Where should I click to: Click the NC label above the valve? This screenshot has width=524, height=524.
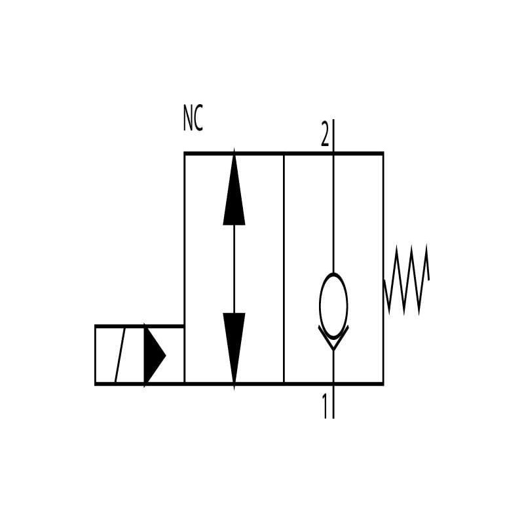[193, 118]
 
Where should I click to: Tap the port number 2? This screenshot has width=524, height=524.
[324, 134]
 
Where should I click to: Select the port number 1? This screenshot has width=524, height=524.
[324, 406]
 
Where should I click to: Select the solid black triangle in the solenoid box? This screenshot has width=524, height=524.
[154, 355]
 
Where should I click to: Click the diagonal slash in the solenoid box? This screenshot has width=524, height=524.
[120, 355]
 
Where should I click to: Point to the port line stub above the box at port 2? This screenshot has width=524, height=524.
[333, 136]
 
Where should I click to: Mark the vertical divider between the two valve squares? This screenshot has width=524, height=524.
[284, 269]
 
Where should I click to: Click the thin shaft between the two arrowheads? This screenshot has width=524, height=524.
[234, 269]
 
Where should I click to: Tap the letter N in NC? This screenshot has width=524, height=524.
[188, 118]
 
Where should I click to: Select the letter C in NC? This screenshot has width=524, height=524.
[198, 118]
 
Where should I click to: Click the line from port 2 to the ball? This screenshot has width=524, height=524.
[333, 214]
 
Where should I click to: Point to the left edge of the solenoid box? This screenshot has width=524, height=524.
[96, 355]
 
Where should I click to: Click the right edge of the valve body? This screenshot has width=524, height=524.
[383, 269]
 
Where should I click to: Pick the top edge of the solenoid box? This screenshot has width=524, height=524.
[140, 326]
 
